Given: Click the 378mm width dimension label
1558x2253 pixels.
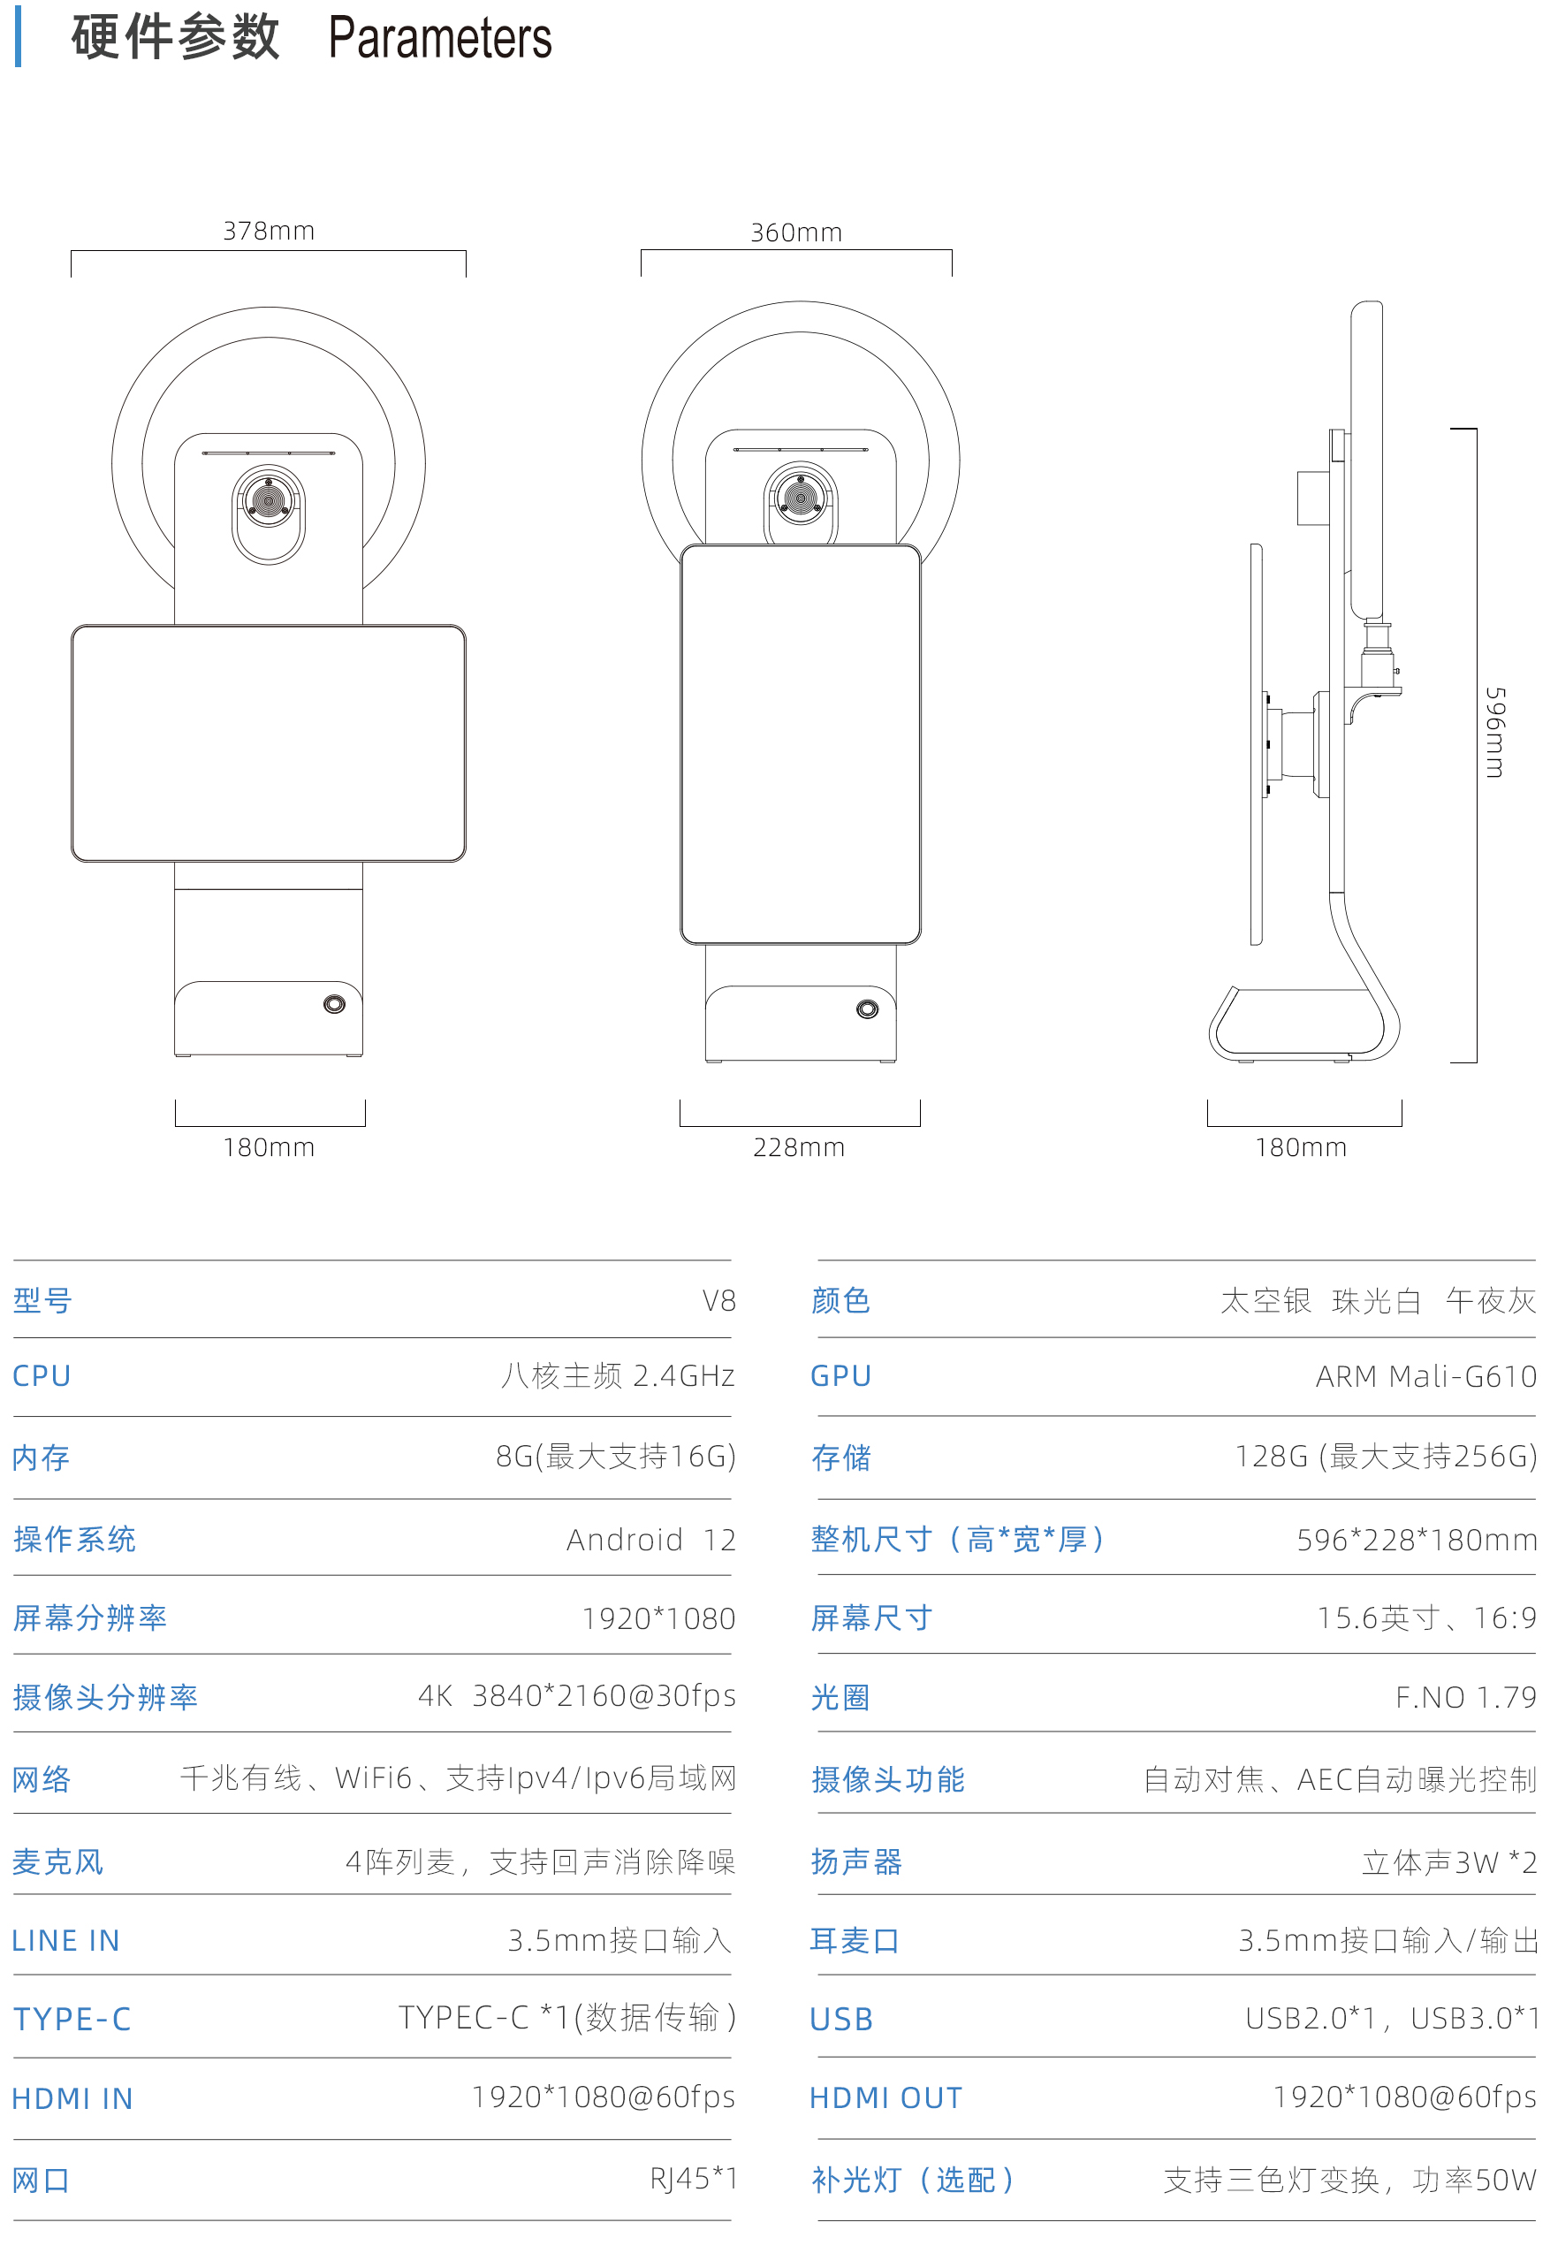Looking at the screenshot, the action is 269,232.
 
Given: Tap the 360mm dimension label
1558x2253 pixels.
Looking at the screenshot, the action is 795,233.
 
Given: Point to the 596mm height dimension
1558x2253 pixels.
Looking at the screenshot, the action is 1493,732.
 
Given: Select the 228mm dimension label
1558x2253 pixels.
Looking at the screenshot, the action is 799,1148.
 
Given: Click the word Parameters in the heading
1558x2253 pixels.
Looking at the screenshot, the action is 440,39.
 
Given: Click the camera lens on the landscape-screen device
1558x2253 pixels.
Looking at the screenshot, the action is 269,499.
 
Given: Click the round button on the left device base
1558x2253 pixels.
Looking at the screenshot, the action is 334,1004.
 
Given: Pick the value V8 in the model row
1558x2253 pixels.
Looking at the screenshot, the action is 718,1301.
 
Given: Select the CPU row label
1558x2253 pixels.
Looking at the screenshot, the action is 42,1376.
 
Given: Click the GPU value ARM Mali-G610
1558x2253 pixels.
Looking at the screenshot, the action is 1426,1376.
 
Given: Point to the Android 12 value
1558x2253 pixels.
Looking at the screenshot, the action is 651,1541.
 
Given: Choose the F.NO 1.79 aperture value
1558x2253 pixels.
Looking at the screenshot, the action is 1466,1698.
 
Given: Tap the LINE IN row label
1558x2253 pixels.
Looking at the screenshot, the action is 65,1941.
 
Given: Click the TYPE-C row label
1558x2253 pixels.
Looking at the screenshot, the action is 72,2019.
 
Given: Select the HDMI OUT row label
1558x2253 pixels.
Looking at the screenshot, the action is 886,2097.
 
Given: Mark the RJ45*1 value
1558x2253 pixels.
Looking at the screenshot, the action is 694,2178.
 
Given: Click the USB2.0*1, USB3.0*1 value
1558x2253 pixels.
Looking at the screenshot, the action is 1392,2019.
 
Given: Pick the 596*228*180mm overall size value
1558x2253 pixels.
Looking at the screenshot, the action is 1417,1541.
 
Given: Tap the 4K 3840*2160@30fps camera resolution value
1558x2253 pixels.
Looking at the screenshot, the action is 577,1696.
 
